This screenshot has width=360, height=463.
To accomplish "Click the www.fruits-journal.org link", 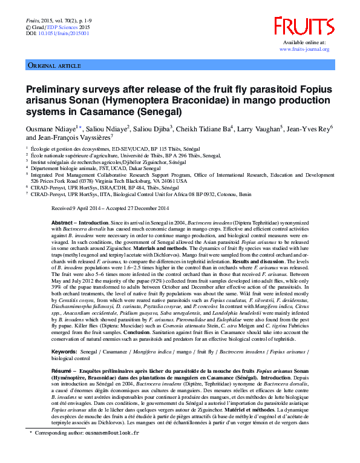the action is [306, 49].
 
